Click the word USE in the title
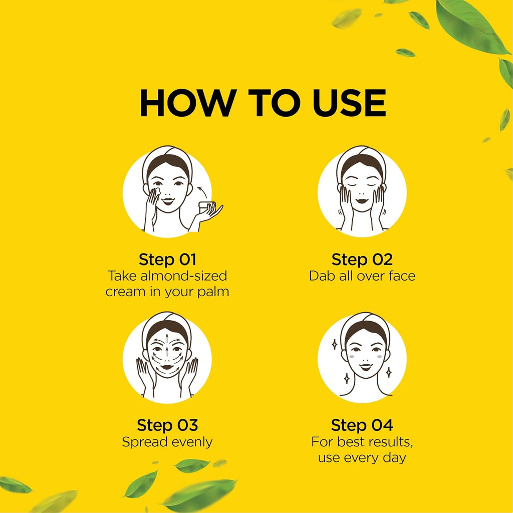(x=349, y=103)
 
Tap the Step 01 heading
(x=167, y=260)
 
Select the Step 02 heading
(x=362, y=260)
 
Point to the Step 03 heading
(x=167, y=425)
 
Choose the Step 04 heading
(x=362, y=425)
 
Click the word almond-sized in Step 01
(x=183, y=276)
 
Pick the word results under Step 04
(x=389, y=442)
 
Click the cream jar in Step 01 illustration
(x=207, y=206)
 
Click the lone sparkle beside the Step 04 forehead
(x=334, y=345)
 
